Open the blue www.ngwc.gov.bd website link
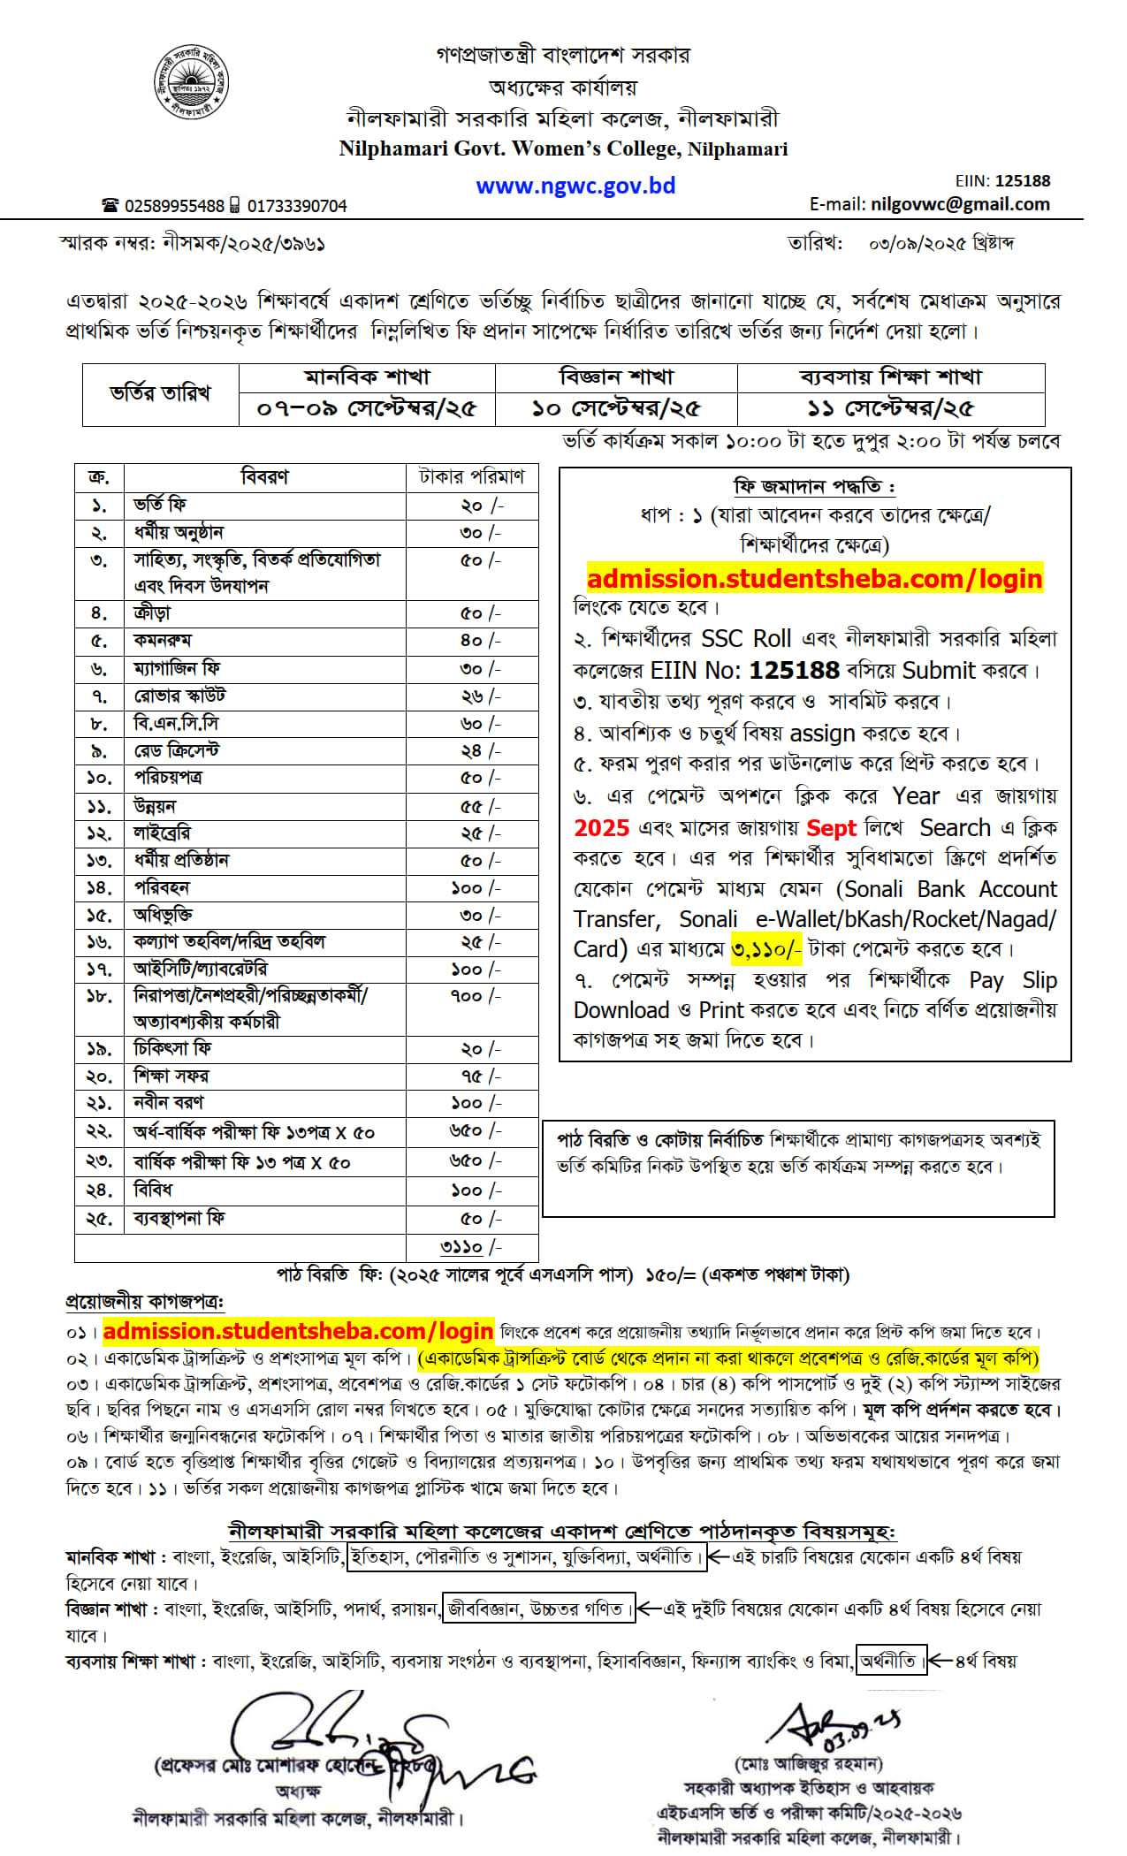pyautogui.click(x=575, y=186)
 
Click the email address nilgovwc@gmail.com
pyautogui.click(x=960, y=204)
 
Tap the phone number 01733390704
pyautogui.click(x=297, y=206)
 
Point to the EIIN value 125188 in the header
pyautogui.click(x=1023, y=181)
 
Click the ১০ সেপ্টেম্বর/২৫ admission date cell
pyautogui.click(x=616, y=408)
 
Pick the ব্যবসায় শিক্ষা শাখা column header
pyautogui.click(x=890, y=377)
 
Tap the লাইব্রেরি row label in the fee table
pyautogui.click(x=162, y=833)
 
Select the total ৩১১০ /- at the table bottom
pyautogui.click(x=470, y=1247)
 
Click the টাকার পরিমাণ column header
pyautogui.click(x=471, y=477)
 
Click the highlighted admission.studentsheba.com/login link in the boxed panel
pyautogui.click(x=814, y=579)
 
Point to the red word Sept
pyautogui.click(x=831, y=828)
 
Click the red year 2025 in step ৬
pyautogui.click(x=601, y=828)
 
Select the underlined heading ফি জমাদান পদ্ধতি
pyautogui.click(x=813, y=487)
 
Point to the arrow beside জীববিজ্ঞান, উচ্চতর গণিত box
pyautogui.click(x=650, y=1609)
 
